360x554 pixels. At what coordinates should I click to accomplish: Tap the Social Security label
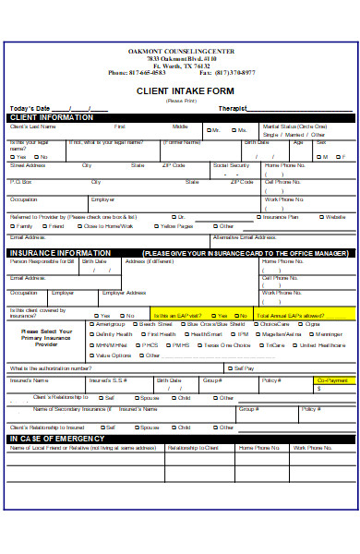click(x=231, y=164)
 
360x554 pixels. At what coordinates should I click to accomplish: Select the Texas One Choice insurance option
click(x=226, y=344)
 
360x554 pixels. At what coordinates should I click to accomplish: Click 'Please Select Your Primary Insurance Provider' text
click(x=45, y=334)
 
